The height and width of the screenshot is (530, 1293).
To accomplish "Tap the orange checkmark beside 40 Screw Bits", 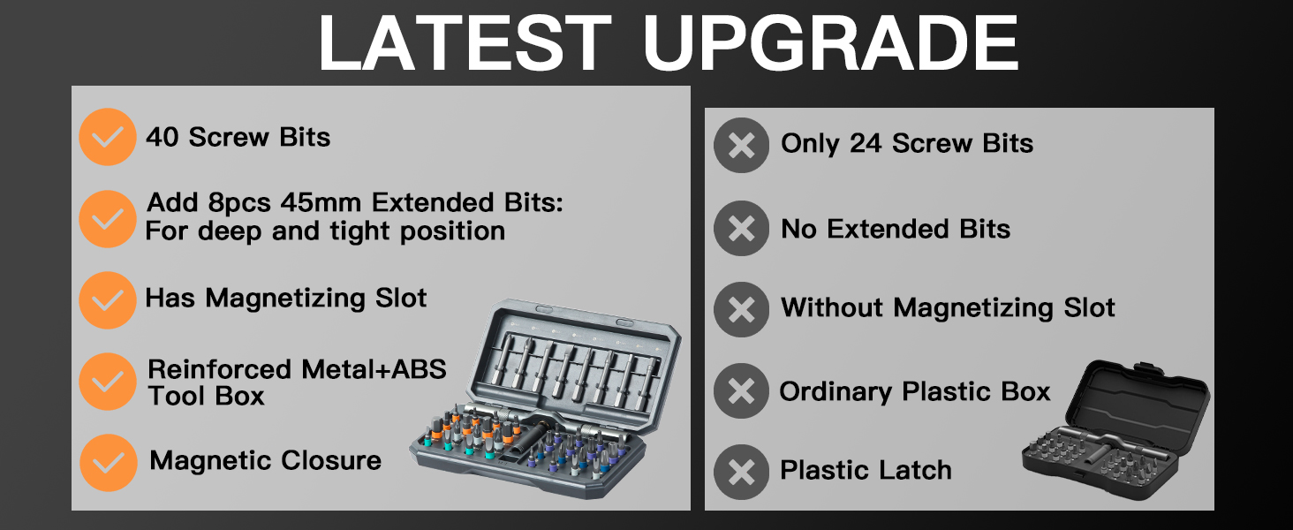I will click(x=107, y=137).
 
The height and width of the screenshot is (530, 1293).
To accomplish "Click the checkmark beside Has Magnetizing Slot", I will click(x=107, y=300).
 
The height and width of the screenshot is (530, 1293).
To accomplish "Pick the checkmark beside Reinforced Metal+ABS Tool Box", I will click(x=107, y=382).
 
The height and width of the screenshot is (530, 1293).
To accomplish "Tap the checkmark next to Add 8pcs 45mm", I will click(x=107, y=218).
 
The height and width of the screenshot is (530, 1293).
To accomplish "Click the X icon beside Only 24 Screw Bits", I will click(x=742, y=145).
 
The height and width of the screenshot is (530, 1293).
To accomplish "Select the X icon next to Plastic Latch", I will click(x=742, y=472).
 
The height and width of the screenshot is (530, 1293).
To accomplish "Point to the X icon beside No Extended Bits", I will click(x=742, y=229).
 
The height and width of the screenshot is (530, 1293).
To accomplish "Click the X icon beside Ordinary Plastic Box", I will click(x=742, y=390).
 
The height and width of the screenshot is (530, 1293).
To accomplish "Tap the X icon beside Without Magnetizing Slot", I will click(x=742, y=309).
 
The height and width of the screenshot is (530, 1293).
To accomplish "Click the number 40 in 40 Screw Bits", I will click(x=163, y=138).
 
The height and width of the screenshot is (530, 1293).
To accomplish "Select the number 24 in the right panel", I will click(x=866, y=144).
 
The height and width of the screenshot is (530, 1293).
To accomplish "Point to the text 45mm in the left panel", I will click(x=321, y=203).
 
